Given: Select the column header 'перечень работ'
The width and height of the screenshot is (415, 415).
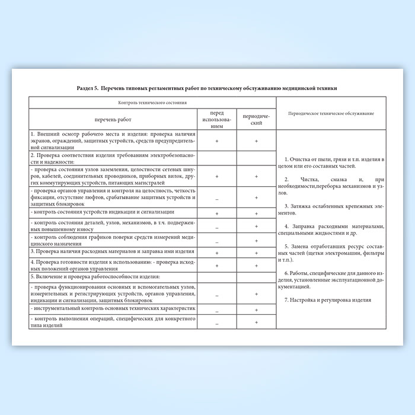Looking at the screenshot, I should click(111, 119).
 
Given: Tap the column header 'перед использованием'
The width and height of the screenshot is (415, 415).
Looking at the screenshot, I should click(217, 119).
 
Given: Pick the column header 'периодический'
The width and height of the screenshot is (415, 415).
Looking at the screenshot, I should click(256, 119).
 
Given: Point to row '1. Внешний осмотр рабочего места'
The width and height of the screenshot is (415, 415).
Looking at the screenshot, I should click(111, 141).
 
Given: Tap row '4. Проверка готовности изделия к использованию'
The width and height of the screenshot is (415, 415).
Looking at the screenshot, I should click(111, 266).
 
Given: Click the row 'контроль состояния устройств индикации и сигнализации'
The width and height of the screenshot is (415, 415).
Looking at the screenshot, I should click(104, 212).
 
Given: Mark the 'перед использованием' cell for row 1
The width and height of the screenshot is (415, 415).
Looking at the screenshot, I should click(217, 141).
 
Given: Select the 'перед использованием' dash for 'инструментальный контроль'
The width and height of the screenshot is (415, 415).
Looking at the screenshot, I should click(217, 310).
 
